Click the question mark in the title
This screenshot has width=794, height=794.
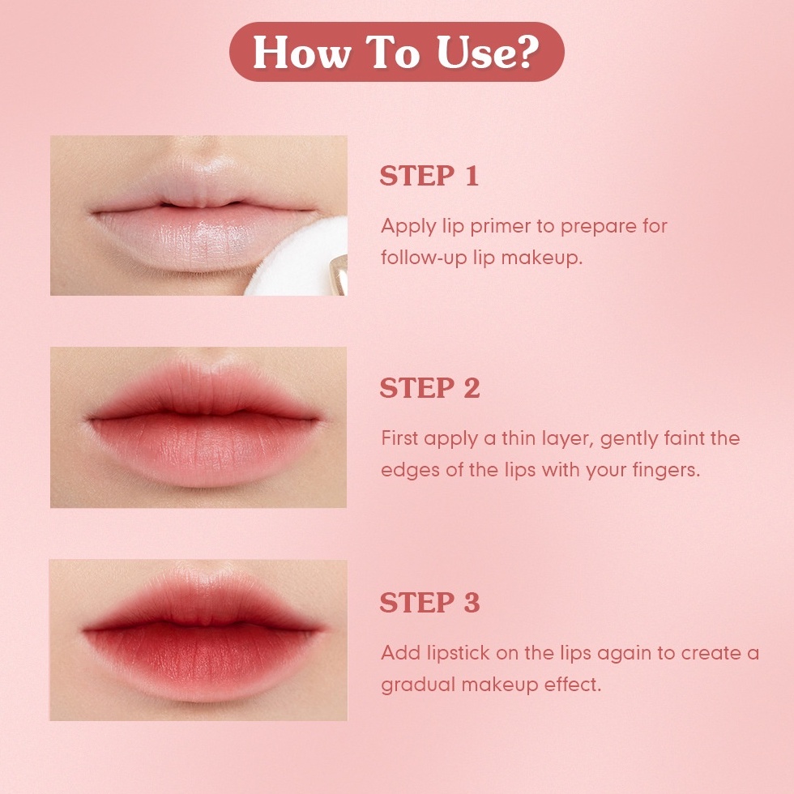[527, 51]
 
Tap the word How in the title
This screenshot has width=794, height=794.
[302, 52]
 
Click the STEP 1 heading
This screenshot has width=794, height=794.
[429, 176]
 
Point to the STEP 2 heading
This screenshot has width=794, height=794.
[429, 388]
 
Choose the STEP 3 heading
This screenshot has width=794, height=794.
[429, 602]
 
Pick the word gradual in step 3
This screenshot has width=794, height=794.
[418, 685]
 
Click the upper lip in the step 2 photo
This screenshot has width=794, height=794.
[203, 389]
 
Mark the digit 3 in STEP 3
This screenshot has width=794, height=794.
[472, 602]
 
